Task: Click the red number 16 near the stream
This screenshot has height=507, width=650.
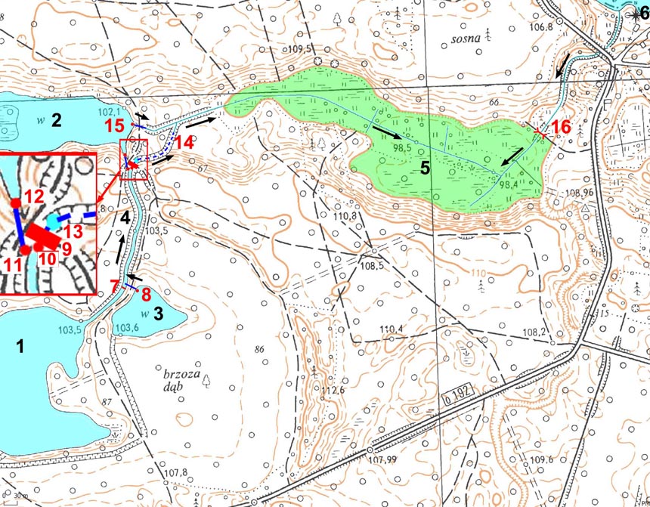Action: [x=559, y=127]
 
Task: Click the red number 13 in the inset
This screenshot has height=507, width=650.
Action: [x=73, y=230]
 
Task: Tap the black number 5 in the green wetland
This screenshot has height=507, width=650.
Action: [x=426, y=168]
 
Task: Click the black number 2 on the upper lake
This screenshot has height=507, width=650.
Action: [x=55, y=119]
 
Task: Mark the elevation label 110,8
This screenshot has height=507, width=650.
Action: [x=343, y=216]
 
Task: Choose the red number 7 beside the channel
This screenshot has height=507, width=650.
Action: [x=114, y=285]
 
